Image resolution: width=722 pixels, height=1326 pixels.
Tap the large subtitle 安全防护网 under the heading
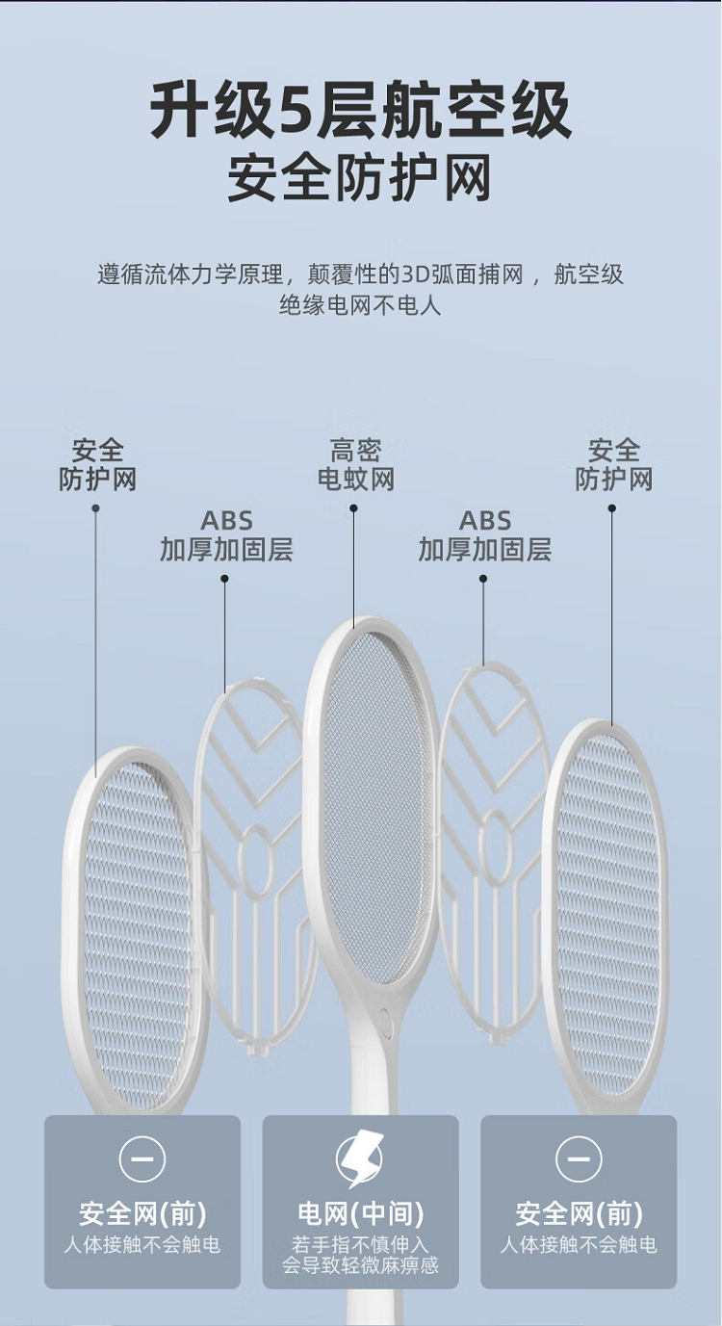tap(360, 180)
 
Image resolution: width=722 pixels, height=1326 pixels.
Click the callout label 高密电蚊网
tap(356, 464)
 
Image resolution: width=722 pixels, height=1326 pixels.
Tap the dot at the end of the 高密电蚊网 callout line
tap(353, 508)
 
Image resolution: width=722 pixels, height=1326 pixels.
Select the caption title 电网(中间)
tap(360, 1213)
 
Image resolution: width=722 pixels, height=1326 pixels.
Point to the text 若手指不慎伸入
tap(360, 1244)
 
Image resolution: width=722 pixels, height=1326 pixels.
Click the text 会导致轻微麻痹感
tap(360, 1265)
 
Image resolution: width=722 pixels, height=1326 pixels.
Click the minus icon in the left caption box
tap(142, 1158)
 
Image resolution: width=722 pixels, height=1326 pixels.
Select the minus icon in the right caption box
tap(579, 1158)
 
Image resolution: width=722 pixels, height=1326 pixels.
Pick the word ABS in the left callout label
tap(226, 521)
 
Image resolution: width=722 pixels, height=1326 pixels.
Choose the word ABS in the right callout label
tap(485, 521)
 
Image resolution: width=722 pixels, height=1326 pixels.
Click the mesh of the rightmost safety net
tap(607, 915)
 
